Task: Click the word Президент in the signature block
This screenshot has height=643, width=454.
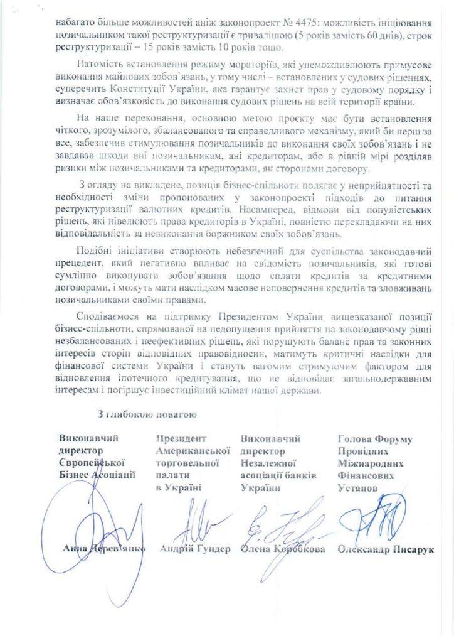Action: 177,439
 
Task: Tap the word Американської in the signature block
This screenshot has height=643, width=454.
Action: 192,451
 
